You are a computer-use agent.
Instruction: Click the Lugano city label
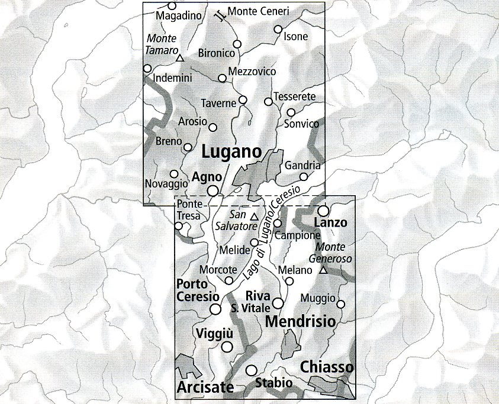[x=231, y=151]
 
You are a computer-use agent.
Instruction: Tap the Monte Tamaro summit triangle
[x=181, y=59]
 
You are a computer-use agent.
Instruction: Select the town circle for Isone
[x=278, y=29]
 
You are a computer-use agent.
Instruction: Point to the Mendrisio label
[x=301, y=322]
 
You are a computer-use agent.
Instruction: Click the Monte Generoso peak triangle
[x=323, y=270]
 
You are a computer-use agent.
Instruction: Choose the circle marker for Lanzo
[x=323, y=211]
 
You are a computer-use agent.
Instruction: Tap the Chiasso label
[x=327, y=367]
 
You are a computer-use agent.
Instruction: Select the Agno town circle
[x=213, y=190]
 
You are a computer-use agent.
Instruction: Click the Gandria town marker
[x=304, y=176]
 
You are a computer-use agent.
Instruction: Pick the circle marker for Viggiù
[x=227, y=347]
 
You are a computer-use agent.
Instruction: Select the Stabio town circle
[x=252, y=370]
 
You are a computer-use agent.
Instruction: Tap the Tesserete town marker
[x=268, y=102]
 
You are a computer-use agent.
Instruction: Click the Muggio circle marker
[x=341, y=304]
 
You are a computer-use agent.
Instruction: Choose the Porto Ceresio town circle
[x=216, y=309]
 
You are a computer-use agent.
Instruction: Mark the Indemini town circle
[x=147, y=68]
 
